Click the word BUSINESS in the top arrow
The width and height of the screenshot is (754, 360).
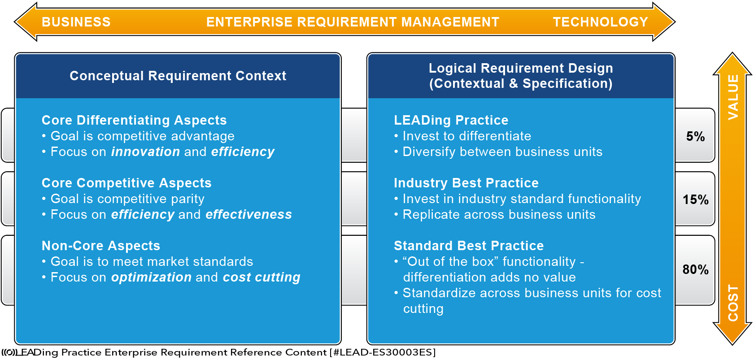76,22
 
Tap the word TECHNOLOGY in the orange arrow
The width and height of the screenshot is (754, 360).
601,22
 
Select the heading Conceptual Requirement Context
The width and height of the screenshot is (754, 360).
178,76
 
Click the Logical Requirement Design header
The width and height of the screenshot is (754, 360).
521,76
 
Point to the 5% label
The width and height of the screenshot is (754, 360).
695,136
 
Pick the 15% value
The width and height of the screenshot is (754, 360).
695,200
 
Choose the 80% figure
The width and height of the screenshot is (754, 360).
695,269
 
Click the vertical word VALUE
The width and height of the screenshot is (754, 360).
733,97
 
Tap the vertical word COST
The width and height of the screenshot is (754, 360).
733,303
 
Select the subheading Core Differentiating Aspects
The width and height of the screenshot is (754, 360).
134,120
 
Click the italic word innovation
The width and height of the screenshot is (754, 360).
145,152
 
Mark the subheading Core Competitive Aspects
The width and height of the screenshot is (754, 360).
126,183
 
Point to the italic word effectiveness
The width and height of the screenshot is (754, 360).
249,214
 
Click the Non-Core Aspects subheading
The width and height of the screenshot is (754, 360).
100,246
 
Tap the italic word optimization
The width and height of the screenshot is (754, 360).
151,277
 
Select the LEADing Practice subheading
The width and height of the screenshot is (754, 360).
451,120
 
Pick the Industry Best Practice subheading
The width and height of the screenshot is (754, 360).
466,183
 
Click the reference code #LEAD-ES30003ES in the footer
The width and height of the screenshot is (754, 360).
383,352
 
